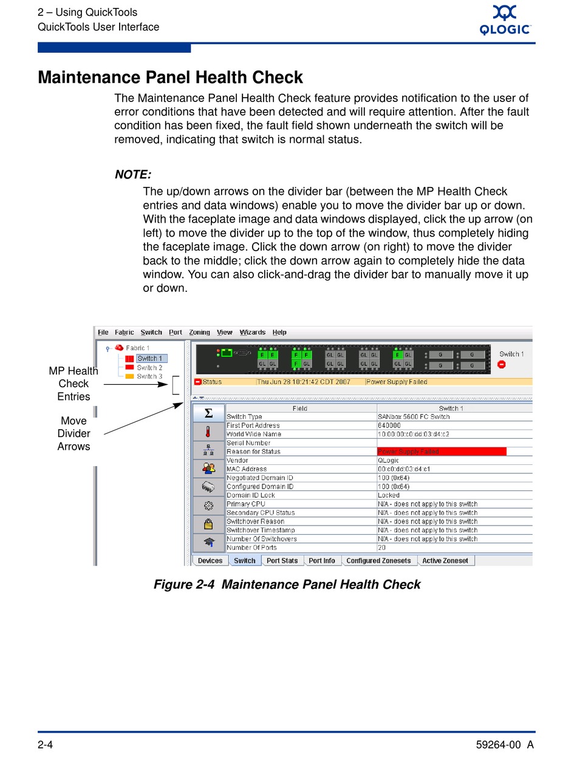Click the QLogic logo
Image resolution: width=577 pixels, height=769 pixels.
(x=505, y=21)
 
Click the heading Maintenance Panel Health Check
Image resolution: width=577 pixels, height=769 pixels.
(x=170, y=78)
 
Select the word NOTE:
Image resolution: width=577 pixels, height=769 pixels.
(x=133, y=175)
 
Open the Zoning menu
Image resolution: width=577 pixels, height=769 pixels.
(x=199, y=333)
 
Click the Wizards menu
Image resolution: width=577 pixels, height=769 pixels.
(x=252, y=333)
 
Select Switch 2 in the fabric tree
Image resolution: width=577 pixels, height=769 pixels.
(x=149, y=368)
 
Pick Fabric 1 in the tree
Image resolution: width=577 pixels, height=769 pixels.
(x=137, y=348)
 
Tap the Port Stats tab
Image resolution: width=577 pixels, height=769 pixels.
(x=282, y=561)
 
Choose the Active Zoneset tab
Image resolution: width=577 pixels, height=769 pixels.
(x=445, y=561)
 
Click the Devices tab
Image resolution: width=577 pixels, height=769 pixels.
(x=210, y=561)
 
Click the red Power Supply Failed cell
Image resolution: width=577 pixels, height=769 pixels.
(x=441, y=452)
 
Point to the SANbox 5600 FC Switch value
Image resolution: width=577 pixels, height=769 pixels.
(x=414, y=417)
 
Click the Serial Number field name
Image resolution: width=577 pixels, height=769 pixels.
(x=248, y=443)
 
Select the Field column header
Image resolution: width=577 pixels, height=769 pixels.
(x=300, y=408)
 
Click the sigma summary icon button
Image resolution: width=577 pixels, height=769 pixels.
(x=208, y=413)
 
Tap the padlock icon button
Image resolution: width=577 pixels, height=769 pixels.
(x=208, y=524)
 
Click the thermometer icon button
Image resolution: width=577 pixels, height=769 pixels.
(x=208, y=432)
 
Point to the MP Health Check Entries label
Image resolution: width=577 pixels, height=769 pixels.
(x=73, y=384)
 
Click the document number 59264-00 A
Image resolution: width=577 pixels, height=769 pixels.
(x=505, y=745)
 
